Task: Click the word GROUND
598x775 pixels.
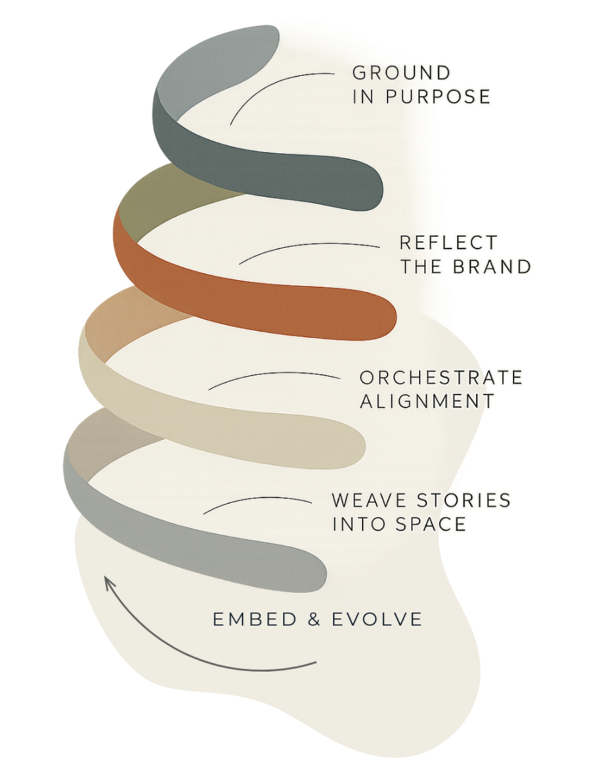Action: (402, 72)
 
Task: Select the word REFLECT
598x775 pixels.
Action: (448, 242)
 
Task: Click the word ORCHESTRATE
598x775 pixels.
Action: (441, 378)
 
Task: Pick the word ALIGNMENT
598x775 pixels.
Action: (427, 401)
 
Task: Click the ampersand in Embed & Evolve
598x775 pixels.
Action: (305, 619)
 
